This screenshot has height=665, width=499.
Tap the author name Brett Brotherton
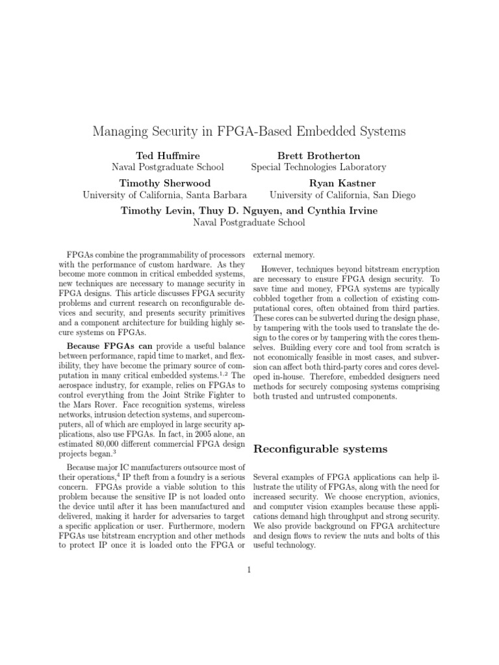318,156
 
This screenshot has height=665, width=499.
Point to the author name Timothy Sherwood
164,183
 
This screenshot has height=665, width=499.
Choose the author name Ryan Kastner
342,183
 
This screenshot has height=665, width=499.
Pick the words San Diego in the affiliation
390,195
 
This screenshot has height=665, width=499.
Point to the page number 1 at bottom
249,570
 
